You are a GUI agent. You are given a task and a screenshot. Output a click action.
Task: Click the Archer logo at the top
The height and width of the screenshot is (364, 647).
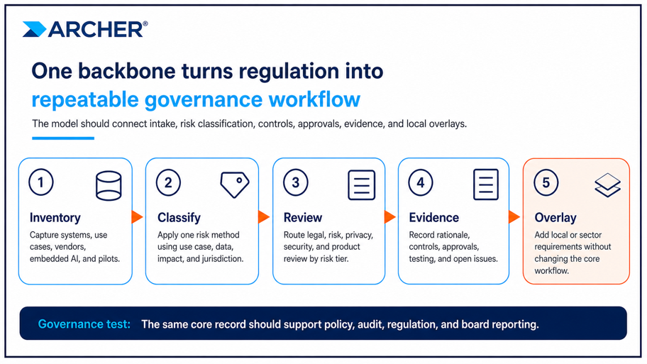[85, 29]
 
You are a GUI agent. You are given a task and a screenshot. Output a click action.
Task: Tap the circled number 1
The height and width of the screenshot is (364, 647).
[41, 182]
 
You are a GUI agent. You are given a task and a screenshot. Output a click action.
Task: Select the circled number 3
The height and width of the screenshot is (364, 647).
[295, 182]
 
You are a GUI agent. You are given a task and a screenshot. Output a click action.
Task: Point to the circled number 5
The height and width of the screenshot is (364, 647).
[546, 182]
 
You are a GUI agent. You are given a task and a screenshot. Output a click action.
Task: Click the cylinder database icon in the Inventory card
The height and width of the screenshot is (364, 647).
[109, 186]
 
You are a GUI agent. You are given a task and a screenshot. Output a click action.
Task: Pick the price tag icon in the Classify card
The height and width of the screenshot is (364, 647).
[234, 184]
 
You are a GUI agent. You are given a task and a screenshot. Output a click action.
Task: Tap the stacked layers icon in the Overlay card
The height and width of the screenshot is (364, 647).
[607, 185]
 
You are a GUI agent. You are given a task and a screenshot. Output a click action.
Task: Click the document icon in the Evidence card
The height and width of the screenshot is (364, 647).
[486, 184]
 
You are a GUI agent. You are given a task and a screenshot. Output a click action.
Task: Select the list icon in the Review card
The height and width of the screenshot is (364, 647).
[362, 185]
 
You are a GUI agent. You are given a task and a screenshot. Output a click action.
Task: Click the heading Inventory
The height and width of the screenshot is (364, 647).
[55, 218]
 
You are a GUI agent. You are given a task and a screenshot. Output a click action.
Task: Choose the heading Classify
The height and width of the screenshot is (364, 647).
[179, 218]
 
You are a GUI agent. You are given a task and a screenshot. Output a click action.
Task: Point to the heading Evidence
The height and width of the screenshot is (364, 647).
[433, 218]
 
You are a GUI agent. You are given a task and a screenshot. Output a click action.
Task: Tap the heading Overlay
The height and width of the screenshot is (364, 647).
[555, 218]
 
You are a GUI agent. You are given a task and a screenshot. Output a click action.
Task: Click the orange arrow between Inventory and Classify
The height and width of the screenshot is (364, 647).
[137, 216]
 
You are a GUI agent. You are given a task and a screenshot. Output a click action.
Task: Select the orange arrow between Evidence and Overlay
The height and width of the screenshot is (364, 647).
[514, 216]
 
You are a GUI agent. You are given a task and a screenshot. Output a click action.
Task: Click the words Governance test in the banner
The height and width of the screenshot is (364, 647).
[84, 324]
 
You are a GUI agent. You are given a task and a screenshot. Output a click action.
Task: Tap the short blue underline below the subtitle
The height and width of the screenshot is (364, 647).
[63, 138]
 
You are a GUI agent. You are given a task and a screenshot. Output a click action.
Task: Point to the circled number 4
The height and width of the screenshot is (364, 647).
[421, 182]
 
